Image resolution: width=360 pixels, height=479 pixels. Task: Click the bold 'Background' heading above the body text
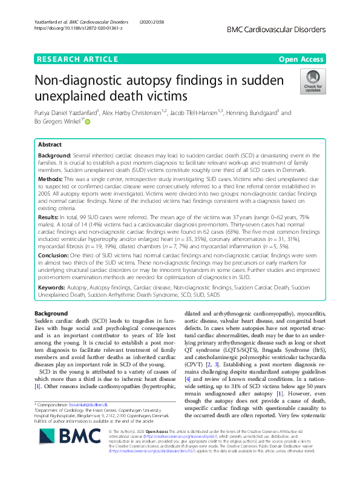[52, 329]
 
